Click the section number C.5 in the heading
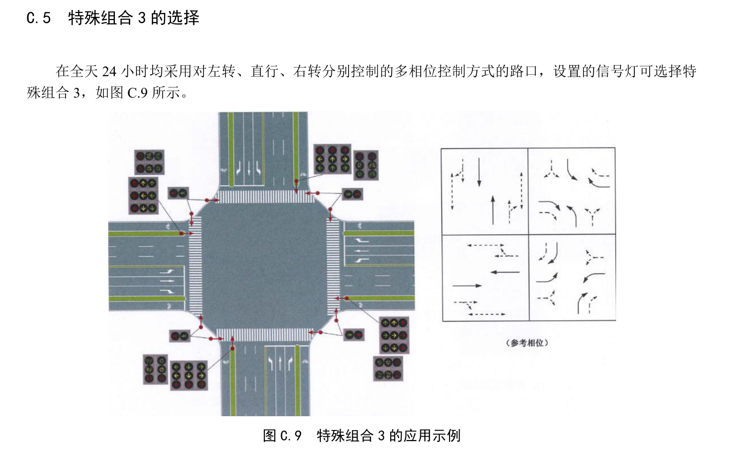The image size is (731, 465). point(38,18)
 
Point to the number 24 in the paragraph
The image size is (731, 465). point(109,71)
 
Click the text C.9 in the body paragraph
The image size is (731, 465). point(137,92)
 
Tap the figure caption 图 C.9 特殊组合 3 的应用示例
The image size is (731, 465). point(361,435)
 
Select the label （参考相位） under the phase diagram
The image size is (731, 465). point(527,343)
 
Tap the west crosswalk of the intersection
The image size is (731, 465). point(195,266)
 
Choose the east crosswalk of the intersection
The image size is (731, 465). point(333,266)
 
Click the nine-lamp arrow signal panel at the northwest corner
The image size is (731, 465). point(143,195)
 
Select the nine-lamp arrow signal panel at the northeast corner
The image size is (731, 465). point(332,159)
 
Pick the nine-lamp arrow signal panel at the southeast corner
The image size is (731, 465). point(394,335)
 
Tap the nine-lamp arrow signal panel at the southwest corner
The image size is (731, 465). point(189,376)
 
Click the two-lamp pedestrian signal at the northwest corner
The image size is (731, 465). point(178,193)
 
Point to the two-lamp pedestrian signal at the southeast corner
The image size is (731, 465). point(354,334)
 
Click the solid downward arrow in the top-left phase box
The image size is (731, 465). point(479,172)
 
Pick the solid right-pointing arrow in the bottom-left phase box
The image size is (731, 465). point(467,286)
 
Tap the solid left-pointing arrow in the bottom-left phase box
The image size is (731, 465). point(505,272)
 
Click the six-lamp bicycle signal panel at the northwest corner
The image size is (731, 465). point(149,162)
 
